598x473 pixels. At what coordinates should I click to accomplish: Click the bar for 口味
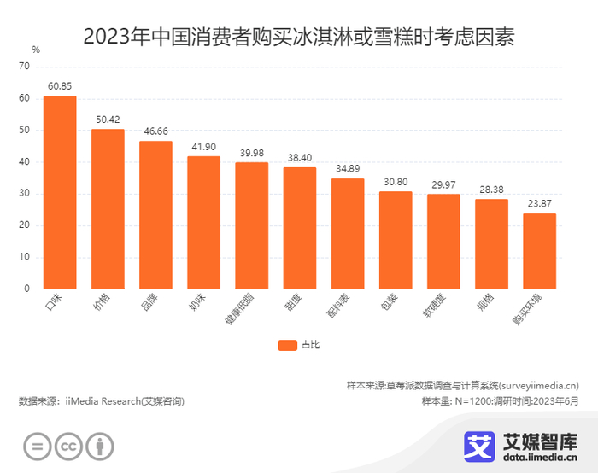(x=60, y=192)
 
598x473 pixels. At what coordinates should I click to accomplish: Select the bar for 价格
(x=108, y=209)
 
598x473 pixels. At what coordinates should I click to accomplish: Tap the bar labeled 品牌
(x=155, y=215)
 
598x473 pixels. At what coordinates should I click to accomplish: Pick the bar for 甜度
(x=300, y=228)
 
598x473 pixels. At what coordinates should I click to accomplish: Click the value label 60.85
(x=60, y=86)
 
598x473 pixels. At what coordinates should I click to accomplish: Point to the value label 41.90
(x=203, y=147)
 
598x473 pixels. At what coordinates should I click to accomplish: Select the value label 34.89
(x=348, y=169)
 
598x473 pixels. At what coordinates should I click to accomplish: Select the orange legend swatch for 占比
(x=286, y=345)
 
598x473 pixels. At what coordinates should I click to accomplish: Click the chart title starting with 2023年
(x=299, y=37)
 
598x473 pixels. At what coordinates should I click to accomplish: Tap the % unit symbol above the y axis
(x=36, y=49)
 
